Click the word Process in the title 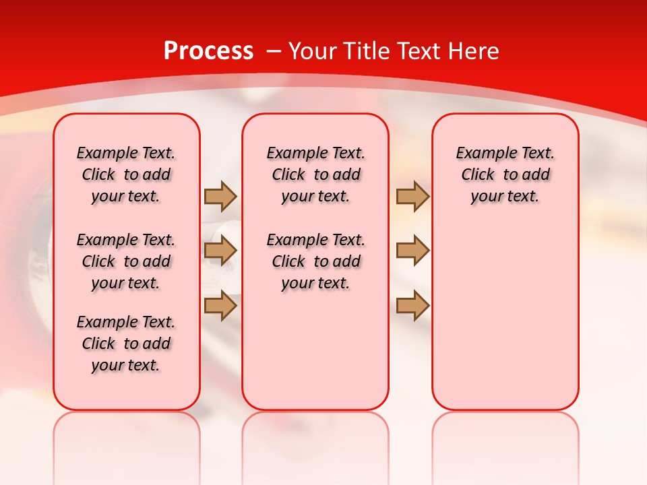pos(208,51)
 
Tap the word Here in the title pos(471,51)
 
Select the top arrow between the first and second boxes pos(220,196)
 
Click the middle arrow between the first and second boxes pos(220,251)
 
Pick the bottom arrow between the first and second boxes pos(220,305)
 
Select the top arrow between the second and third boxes pos(412,196)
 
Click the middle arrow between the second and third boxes pos(412,251)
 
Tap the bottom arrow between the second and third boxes pos(412,305)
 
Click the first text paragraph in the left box pos(126,174)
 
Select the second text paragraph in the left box pos(126,261)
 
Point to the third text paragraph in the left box pos(126,344)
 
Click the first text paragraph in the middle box pos(316,174)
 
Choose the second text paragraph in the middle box pos(316,261)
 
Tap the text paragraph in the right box pos(505,174)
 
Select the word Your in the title pos(312,51)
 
